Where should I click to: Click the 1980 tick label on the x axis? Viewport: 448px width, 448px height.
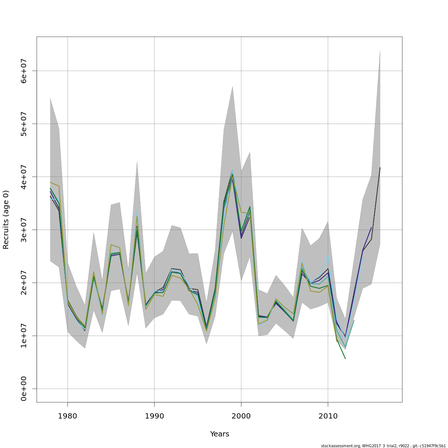point(68,416)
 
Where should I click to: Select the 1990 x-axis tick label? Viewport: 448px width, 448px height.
point(154,416)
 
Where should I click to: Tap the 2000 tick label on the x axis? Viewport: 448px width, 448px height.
point(241,416)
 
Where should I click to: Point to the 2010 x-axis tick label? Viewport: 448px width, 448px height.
point(328,416)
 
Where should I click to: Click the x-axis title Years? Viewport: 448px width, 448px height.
point(220,434)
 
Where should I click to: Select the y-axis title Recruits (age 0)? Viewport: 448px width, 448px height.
point(6,220)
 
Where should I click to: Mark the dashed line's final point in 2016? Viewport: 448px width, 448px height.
point(380,168)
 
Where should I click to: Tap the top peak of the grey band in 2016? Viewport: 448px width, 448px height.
point(380,50)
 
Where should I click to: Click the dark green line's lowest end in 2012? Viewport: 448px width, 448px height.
point(345,359)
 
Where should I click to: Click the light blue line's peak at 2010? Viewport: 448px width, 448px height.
point(328,255)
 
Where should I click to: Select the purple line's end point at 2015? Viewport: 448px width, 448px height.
point(371,227)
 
